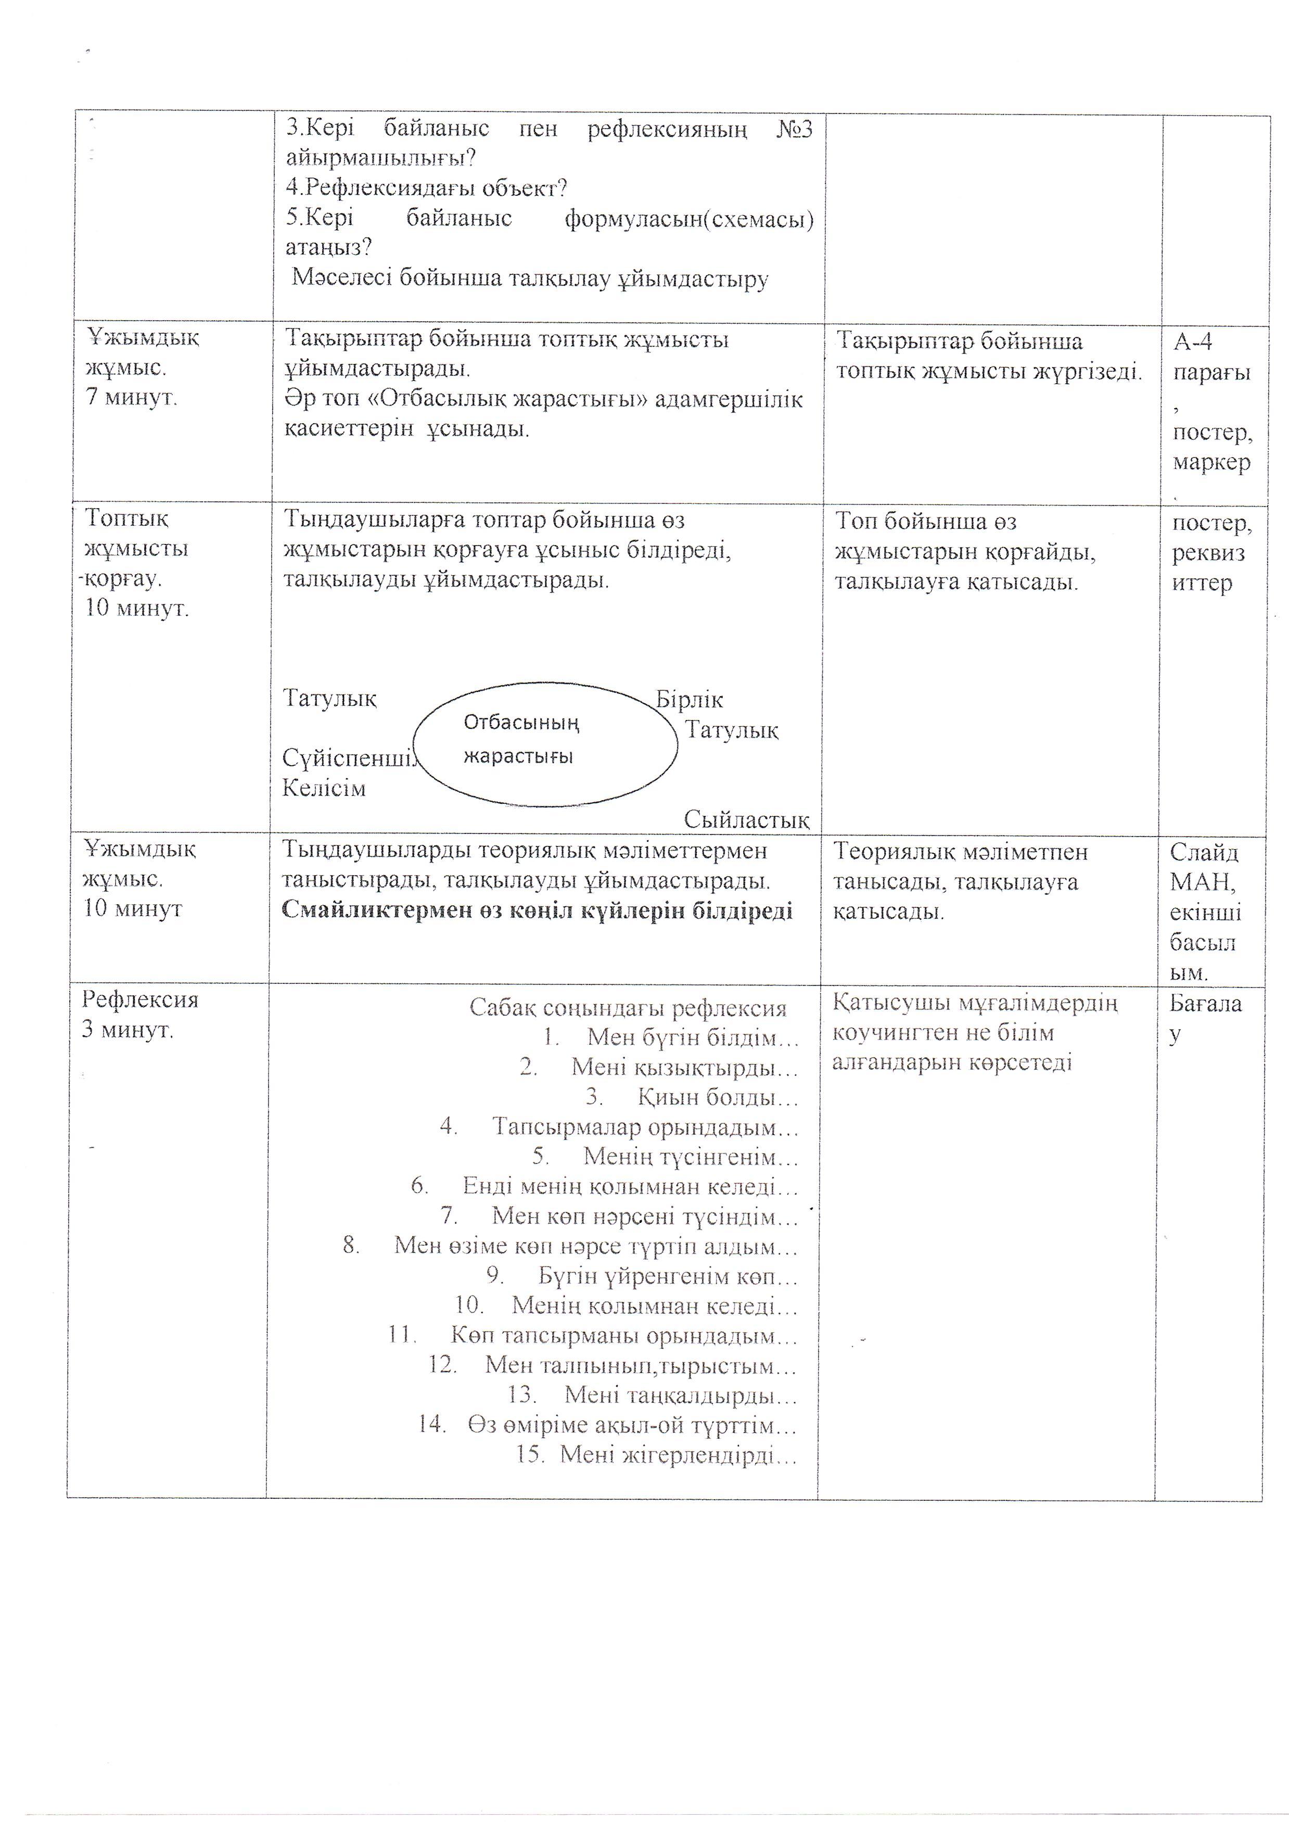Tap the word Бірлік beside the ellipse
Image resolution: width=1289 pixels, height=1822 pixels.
coord(689,700)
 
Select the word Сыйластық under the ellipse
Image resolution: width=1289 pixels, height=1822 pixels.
coord(746,819)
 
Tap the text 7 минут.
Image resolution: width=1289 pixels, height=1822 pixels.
coord(132,397)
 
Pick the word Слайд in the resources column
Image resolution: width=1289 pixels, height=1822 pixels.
coord(1203,853)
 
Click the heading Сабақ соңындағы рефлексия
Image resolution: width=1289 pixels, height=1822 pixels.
coord(628,1009)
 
